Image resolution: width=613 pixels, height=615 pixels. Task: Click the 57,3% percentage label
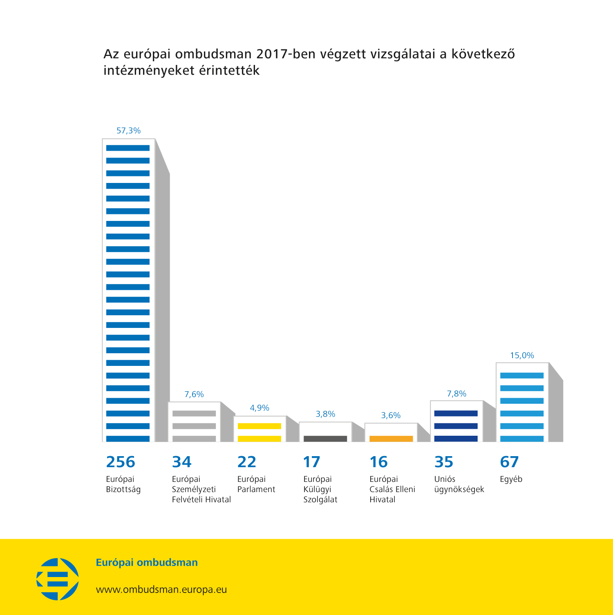128,131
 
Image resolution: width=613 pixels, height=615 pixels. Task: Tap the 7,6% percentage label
194,394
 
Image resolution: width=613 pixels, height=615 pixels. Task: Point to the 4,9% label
260,408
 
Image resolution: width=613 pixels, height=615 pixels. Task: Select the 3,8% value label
325,414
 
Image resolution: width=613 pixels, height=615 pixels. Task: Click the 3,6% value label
391,415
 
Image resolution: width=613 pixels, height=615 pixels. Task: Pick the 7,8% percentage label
456,394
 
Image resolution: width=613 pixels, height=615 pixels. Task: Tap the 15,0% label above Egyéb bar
522,355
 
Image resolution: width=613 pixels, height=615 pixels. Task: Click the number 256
121,462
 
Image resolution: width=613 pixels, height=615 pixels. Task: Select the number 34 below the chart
181,462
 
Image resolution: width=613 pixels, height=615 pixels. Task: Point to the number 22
247,462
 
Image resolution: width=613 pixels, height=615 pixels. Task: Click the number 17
311,462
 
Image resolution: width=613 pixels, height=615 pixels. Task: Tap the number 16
378,462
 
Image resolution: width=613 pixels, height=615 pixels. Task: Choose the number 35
444,462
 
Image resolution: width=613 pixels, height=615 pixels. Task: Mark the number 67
509,462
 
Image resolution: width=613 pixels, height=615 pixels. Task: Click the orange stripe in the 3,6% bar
391,439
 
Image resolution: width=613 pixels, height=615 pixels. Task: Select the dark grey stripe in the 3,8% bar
325,439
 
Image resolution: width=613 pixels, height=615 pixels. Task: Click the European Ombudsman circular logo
58,579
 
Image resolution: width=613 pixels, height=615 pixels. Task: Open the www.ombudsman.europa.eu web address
161,590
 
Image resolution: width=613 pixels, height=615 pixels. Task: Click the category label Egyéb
511,479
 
